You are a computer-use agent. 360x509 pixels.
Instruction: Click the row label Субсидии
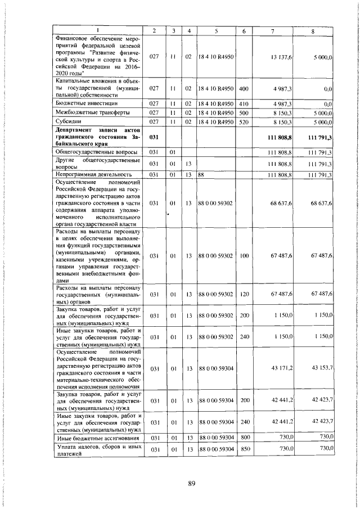pos(69,121)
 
